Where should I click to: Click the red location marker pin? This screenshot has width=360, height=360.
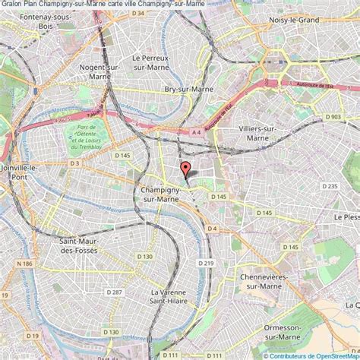(184, 170)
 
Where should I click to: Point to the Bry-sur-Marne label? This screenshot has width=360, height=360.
(187, 89)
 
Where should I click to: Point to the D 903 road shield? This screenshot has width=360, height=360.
(333, 116)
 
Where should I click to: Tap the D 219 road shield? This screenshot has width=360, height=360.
(204, 263)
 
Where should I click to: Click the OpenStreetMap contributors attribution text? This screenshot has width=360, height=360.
(311, 355)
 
